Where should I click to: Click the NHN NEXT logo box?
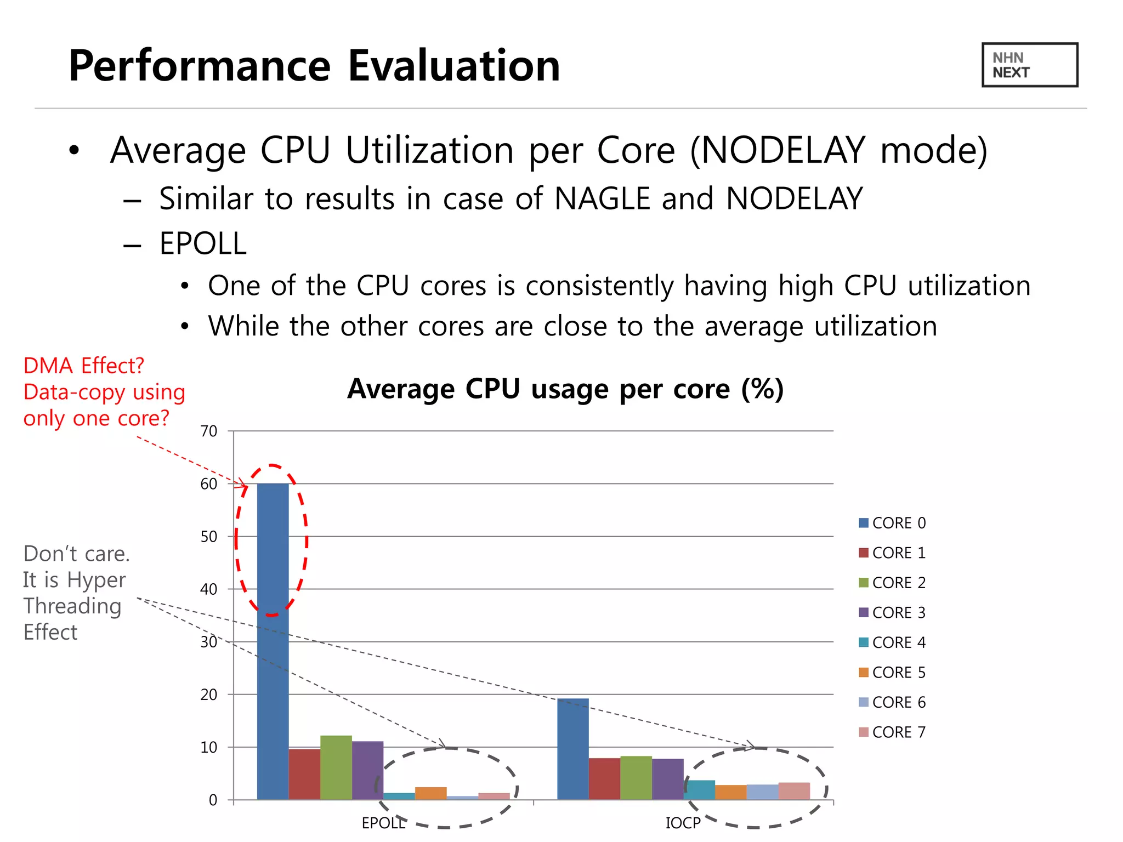point(1029,65)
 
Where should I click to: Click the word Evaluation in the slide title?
point(454,66)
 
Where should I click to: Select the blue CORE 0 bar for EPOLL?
point(273,641)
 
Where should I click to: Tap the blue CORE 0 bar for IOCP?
point(572,749)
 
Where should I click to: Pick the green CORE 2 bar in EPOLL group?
point(336,767)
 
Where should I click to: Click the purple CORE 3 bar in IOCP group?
point(667,779)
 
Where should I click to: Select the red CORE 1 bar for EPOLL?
point(304,774)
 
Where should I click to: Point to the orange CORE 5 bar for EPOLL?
point(430,793)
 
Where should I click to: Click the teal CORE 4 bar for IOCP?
point(700,790)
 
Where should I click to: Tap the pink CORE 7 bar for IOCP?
point(793,791)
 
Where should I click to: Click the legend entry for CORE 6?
point(892,702)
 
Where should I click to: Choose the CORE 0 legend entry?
point(892,523)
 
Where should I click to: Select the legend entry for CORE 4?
point(892,642)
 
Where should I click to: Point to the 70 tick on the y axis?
point(209,431)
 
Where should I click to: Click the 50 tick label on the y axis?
point(209,537)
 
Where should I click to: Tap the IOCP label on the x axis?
point(683,823)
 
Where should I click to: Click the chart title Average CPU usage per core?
point(565,389)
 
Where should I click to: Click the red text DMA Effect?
point(83,366)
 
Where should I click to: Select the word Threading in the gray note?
point(72,606)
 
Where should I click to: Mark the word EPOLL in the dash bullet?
point(203,244)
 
